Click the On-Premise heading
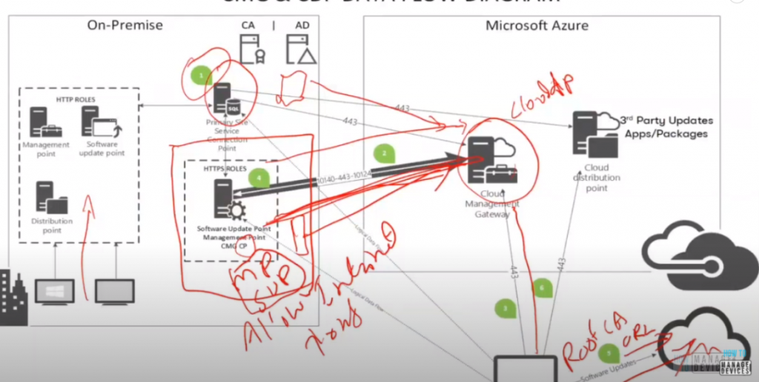[x=125, y=25]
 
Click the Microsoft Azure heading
[x=537, y=25]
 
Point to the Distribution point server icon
[x=48, y=198]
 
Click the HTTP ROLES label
[x=75, y=99]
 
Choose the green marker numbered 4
[x=257, y=178]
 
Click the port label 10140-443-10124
[x=343, y=177]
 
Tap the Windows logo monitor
[x=54, y=291]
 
